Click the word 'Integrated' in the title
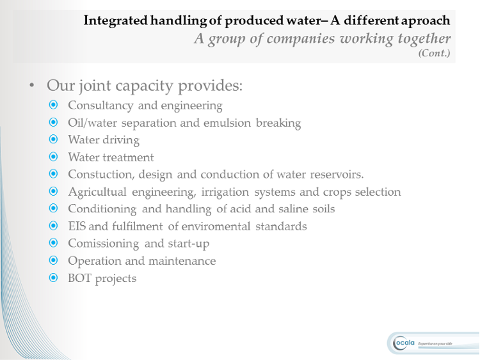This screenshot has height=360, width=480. [115, 21]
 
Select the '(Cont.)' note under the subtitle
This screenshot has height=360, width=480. [434, 53]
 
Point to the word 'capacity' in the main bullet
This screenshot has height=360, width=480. [144, 86]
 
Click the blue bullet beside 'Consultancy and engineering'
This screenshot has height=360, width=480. [53, 105]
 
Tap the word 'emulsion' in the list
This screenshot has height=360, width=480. [227, 123]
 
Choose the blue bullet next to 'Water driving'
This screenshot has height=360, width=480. [53, 139]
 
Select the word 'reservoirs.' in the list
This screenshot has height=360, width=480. [337, 175]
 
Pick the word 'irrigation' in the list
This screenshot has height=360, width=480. [225, 192]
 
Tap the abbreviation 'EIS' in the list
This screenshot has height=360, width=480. [77, 226]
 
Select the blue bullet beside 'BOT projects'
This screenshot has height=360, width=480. [53, 278]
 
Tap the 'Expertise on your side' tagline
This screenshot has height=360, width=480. [435, 344]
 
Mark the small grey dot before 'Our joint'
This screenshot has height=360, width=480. [32, 85]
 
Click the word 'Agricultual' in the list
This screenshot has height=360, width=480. [97, 192]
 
